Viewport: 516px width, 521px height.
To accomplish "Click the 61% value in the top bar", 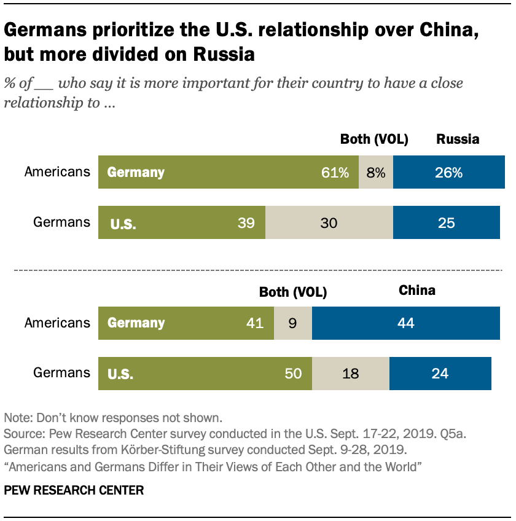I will tap(335, 173).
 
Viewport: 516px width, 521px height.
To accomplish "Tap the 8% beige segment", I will tap(375, 173).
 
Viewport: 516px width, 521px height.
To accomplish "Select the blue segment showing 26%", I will tap(448, 173).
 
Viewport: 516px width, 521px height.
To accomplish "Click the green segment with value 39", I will tap(182, 222).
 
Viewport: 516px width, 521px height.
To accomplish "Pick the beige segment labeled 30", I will tap(329, 222).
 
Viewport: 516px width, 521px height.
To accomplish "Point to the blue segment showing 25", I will tap(447, 222).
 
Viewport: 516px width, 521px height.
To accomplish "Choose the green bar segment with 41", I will tap(186, 323).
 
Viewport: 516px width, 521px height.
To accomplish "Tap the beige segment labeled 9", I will tap(292, 323).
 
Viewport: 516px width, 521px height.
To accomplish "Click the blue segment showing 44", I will tap(406, 323).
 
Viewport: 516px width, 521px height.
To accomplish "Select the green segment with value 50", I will tap(205, 373).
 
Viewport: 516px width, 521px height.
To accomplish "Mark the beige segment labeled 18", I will tap(351, 373).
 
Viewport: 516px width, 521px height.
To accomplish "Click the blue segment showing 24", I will tap(440, 373).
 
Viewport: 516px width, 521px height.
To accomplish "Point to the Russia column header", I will tap(458, 139).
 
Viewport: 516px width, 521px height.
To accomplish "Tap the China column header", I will tap(417, 290).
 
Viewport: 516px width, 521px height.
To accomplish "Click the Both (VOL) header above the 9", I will tap(293, 292).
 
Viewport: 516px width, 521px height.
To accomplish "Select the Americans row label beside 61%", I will tap(57, 172).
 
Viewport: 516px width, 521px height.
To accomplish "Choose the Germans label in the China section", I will tap(62, 373).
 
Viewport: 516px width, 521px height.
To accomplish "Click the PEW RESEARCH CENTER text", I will tap(74, 490).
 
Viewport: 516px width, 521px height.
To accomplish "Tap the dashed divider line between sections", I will tap(258, 270).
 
